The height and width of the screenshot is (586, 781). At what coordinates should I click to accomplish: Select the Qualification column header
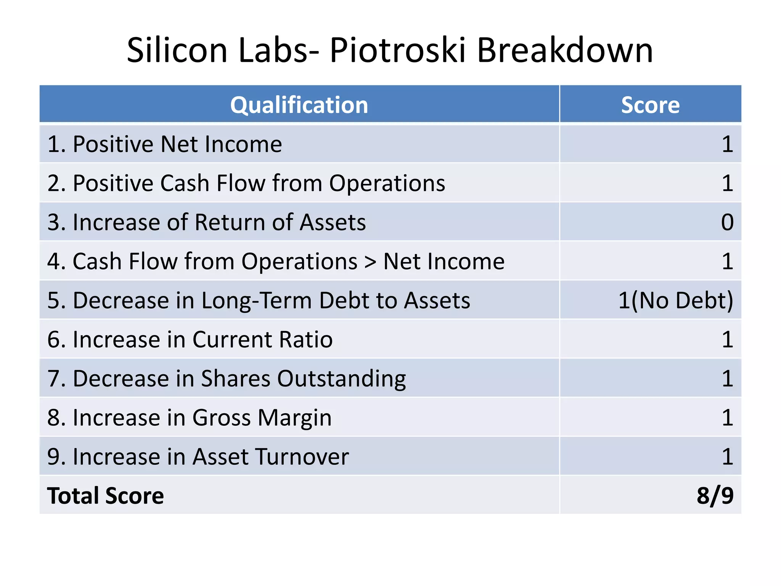299,105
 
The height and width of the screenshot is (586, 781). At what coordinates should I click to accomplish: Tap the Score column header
650,105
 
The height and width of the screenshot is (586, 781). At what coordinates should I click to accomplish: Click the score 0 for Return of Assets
727,222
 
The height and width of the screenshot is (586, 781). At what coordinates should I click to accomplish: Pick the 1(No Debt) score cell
675,300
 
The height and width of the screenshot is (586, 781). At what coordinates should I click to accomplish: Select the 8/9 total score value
715,496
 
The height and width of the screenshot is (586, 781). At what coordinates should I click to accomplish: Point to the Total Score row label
106,496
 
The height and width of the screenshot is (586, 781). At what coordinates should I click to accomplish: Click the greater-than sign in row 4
370,262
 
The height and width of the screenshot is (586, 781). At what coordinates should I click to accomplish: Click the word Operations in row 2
387,184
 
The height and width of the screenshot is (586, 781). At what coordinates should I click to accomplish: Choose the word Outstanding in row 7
341,379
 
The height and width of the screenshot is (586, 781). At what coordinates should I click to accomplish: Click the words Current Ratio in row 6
262,340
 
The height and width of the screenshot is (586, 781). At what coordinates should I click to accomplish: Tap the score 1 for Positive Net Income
727,144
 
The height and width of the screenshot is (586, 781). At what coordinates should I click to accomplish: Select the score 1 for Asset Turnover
727,457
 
